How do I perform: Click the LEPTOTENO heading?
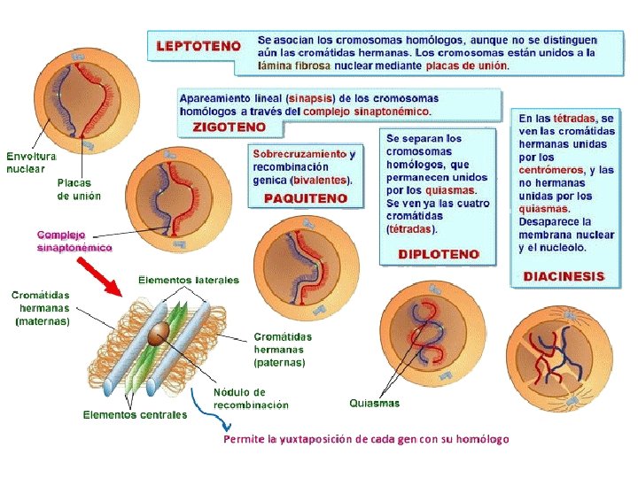(x=199, y=44)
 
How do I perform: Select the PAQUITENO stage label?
(x=306, y=198)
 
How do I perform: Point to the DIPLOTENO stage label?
(x=439, y=253)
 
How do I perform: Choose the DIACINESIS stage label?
(x=564, y=276)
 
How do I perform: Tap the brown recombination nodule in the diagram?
(x=160, y=332)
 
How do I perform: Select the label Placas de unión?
(x=79, y=189)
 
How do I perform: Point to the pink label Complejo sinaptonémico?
(x=74, y=242)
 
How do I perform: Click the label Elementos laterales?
(x=188, y=280)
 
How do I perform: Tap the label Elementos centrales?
(x=135, y=414)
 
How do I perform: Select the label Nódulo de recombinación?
(x=251, y=398)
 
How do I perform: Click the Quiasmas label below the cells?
(x=374, y=404)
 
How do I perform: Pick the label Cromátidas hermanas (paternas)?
(x=283, y=349)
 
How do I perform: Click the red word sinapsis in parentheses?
(x=313, y=98)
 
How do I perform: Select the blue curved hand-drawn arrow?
(x=205, y=416)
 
